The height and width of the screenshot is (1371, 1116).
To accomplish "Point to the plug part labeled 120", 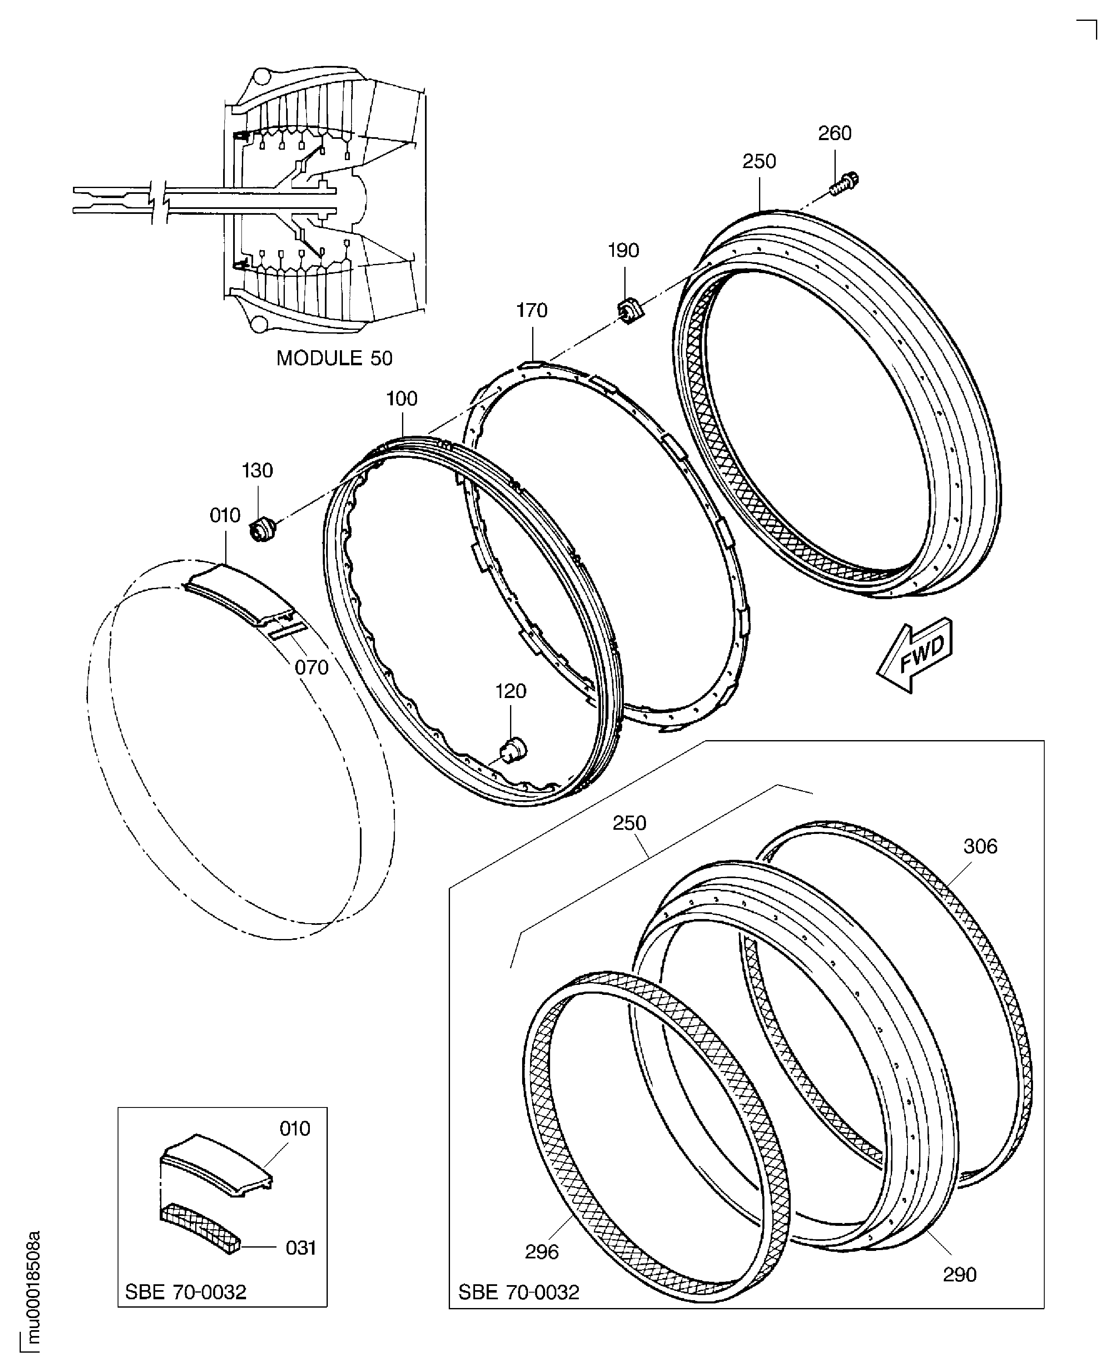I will point(513,749).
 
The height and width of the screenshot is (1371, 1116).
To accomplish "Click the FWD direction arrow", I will point(915,655).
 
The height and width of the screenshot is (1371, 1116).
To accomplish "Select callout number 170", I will point(532,311).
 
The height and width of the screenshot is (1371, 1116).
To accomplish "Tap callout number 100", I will point(402,399).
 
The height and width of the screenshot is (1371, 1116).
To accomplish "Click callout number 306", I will point(980,846).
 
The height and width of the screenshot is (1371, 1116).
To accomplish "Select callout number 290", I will point(959,1275).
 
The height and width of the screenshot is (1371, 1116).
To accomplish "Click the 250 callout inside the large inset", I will point(629,824).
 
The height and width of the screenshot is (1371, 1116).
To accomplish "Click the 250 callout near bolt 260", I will point(759,161).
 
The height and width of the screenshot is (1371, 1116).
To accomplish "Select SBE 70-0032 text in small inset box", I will point(185,1292).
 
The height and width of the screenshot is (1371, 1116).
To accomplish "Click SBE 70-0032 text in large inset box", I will point(518,1292).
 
